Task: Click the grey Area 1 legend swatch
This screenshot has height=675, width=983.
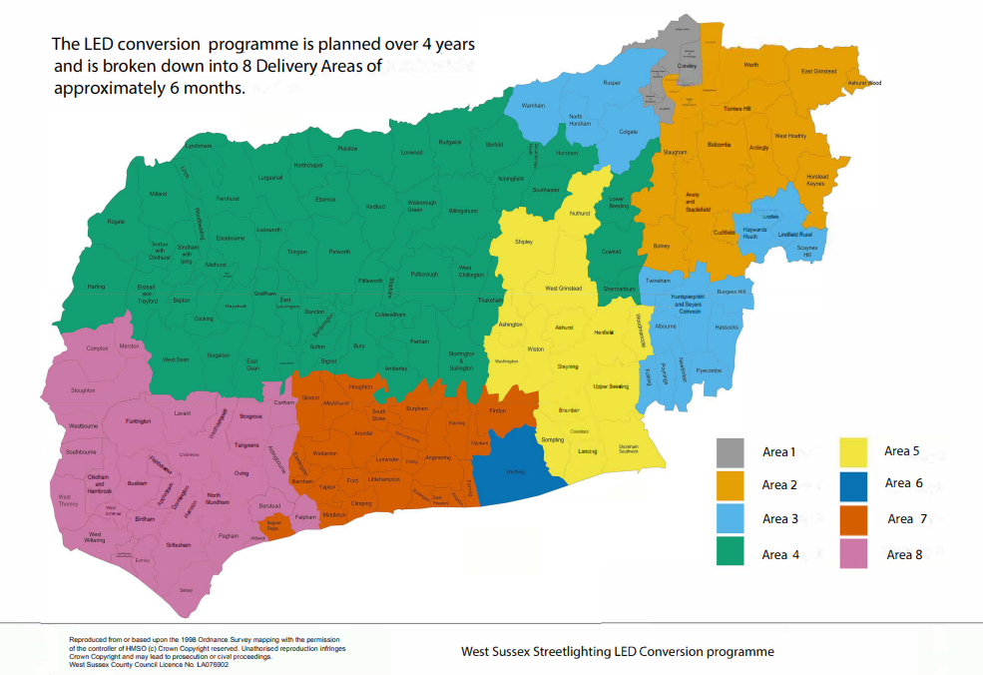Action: pos(731,453)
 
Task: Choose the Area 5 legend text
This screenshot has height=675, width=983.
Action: pos(896,451)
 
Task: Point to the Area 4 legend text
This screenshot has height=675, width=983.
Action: pos(780,554)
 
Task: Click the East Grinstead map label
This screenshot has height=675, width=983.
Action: pos(818,72)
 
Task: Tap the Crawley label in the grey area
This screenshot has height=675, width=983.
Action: pos(686,65)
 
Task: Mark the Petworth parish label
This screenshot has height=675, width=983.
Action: pos(339,252)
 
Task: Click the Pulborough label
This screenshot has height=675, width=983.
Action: pos(424,274)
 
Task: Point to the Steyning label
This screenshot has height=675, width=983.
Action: pos(568,366)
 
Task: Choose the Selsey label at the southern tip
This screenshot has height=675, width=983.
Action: pos(186,590)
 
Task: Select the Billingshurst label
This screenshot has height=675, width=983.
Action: pos(463,211)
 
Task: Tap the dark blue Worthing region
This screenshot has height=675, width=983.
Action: pos(517,468)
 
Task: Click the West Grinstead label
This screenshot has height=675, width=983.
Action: pos(564,289)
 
